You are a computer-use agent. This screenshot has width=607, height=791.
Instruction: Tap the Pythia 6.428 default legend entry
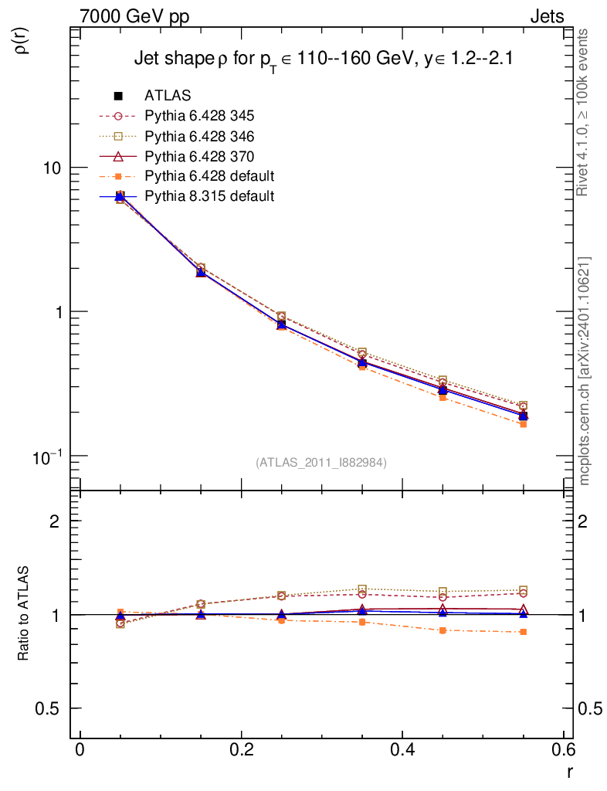[209, 176]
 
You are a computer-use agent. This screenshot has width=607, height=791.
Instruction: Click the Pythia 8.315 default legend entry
[209, 196]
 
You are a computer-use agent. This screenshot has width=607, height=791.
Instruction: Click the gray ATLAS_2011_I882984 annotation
[321, 462]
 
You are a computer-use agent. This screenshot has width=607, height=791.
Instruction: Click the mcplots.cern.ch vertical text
[585, 371]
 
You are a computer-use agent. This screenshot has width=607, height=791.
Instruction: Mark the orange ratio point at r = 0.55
[523, 632]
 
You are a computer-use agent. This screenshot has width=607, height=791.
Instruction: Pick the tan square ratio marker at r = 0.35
[362, 589]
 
